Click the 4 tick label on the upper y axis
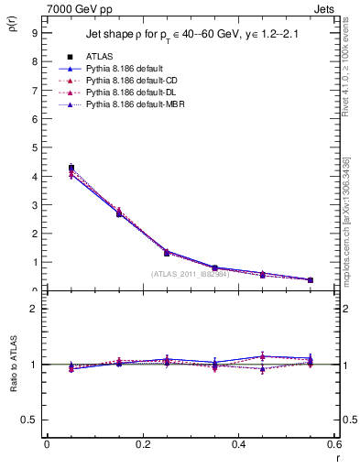pos(34,176)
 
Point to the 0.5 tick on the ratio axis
pos(29,420)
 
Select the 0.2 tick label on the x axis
pos(142,444)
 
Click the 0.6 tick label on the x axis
pos(333,444)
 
